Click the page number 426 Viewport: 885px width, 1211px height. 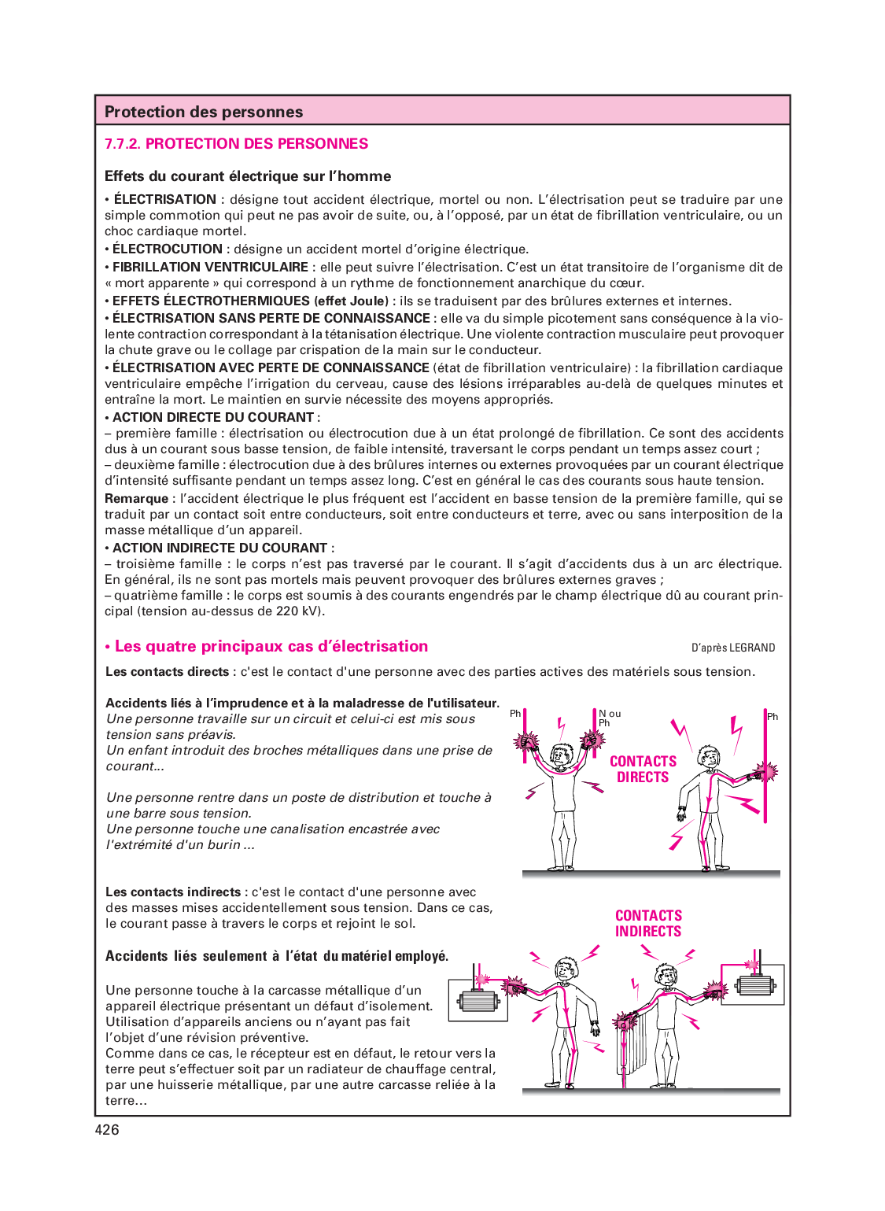pos(107,1130)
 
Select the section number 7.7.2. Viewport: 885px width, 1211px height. pos(123,144)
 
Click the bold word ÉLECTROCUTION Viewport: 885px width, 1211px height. pos(168,249)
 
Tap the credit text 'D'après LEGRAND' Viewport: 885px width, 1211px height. pos(733,648)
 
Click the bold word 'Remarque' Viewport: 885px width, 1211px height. pos(136,499)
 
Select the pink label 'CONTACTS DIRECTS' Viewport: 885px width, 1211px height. pos(643,769)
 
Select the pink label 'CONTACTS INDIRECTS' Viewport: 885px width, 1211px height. pos(648,924)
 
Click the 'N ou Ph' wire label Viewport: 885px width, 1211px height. pos(609,718)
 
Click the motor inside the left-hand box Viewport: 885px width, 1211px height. pos(478,1001)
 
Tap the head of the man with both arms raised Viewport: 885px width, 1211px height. pos(562,756)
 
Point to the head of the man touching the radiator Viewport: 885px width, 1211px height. pos(666,977)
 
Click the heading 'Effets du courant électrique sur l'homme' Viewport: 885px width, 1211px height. pos(248,176)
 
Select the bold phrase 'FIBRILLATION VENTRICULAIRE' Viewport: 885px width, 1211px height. pos(210,268)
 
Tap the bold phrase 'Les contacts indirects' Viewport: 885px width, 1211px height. pos(173,892)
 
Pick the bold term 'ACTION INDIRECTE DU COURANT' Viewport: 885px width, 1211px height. pos(219,548)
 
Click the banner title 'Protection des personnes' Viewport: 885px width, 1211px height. pos(204,112)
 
